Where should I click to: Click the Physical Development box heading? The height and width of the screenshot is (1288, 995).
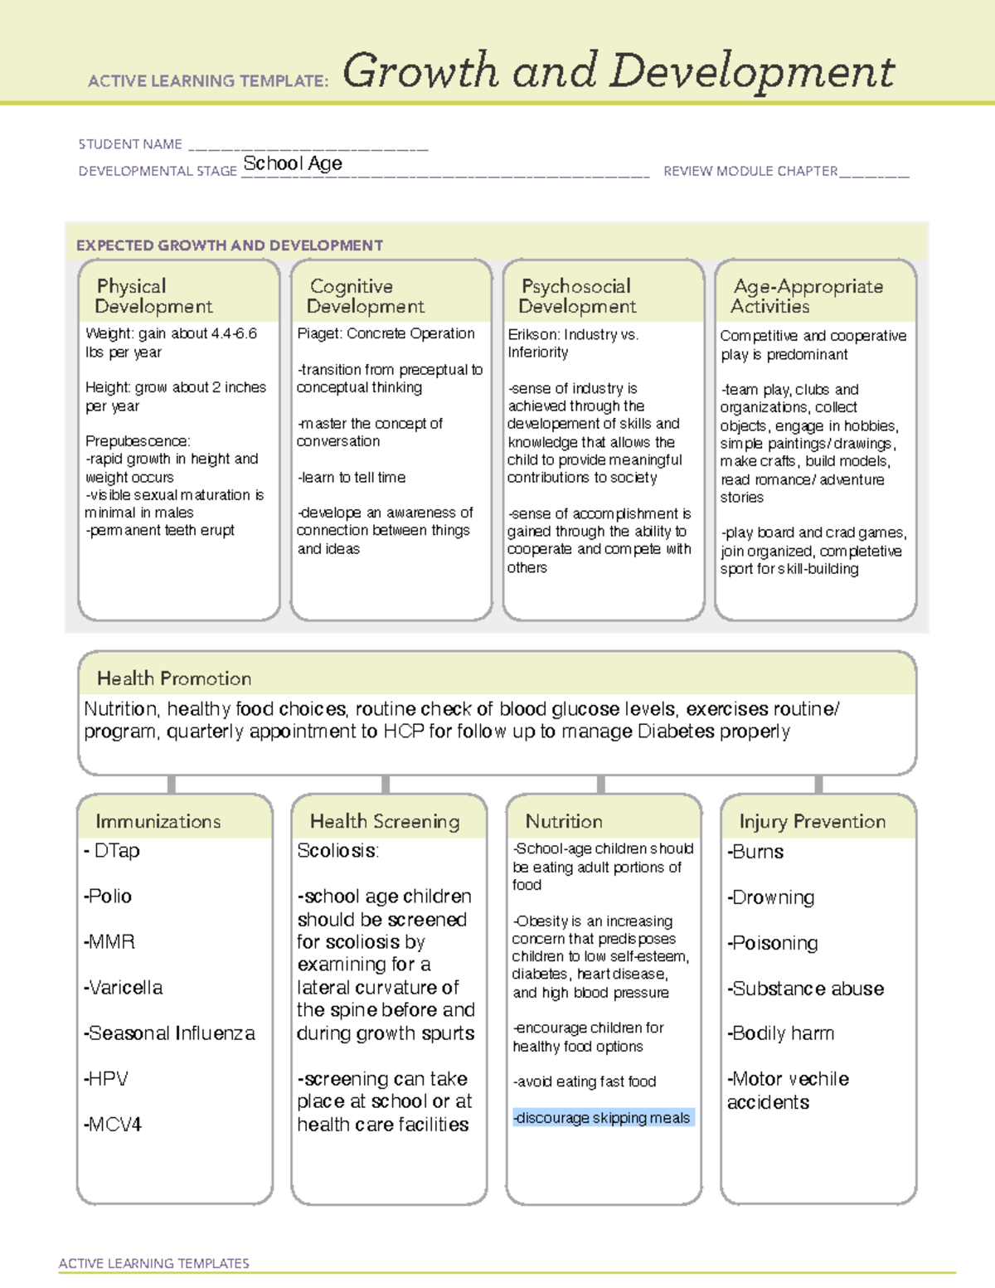tap(153, 296)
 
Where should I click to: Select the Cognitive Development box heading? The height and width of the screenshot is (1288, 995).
tap(365, 296)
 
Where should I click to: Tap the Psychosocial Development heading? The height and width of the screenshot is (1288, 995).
tap(577, 296)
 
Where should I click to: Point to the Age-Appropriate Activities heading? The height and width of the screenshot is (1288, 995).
tap(807, 296)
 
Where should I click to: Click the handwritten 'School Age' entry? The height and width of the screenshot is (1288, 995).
tap(293, 163)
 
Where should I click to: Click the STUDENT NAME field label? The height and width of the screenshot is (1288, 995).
tap(130, 144)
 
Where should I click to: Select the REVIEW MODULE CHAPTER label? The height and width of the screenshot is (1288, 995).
tap(750, 171)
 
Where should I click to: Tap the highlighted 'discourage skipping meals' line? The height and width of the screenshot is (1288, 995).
tap(602, 1118)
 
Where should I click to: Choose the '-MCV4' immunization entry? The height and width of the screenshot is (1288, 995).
tap(113, 1125)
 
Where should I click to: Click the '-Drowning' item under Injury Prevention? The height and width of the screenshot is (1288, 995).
tap(771, 897)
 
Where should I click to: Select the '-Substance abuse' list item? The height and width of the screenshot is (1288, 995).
tap(806, 989)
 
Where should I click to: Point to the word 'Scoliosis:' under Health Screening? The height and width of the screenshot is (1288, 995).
tap(337, 851)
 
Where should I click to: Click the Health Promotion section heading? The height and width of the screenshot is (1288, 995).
tap(174, 678)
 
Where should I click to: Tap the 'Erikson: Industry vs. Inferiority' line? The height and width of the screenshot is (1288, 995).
tap(573, 343)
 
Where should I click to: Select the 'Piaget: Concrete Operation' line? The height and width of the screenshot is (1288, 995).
tap(386, 333)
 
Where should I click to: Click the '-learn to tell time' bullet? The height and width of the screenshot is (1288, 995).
tap(352, 478)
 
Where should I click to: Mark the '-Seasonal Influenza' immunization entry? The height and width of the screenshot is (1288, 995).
tap(169, 1033)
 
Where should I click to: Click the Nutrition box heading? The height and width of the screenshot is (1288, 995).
tap(564, 821)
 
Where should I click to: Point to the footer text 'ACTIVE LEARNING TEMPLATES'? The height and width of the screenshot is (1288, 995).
tap(154, 1263)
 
